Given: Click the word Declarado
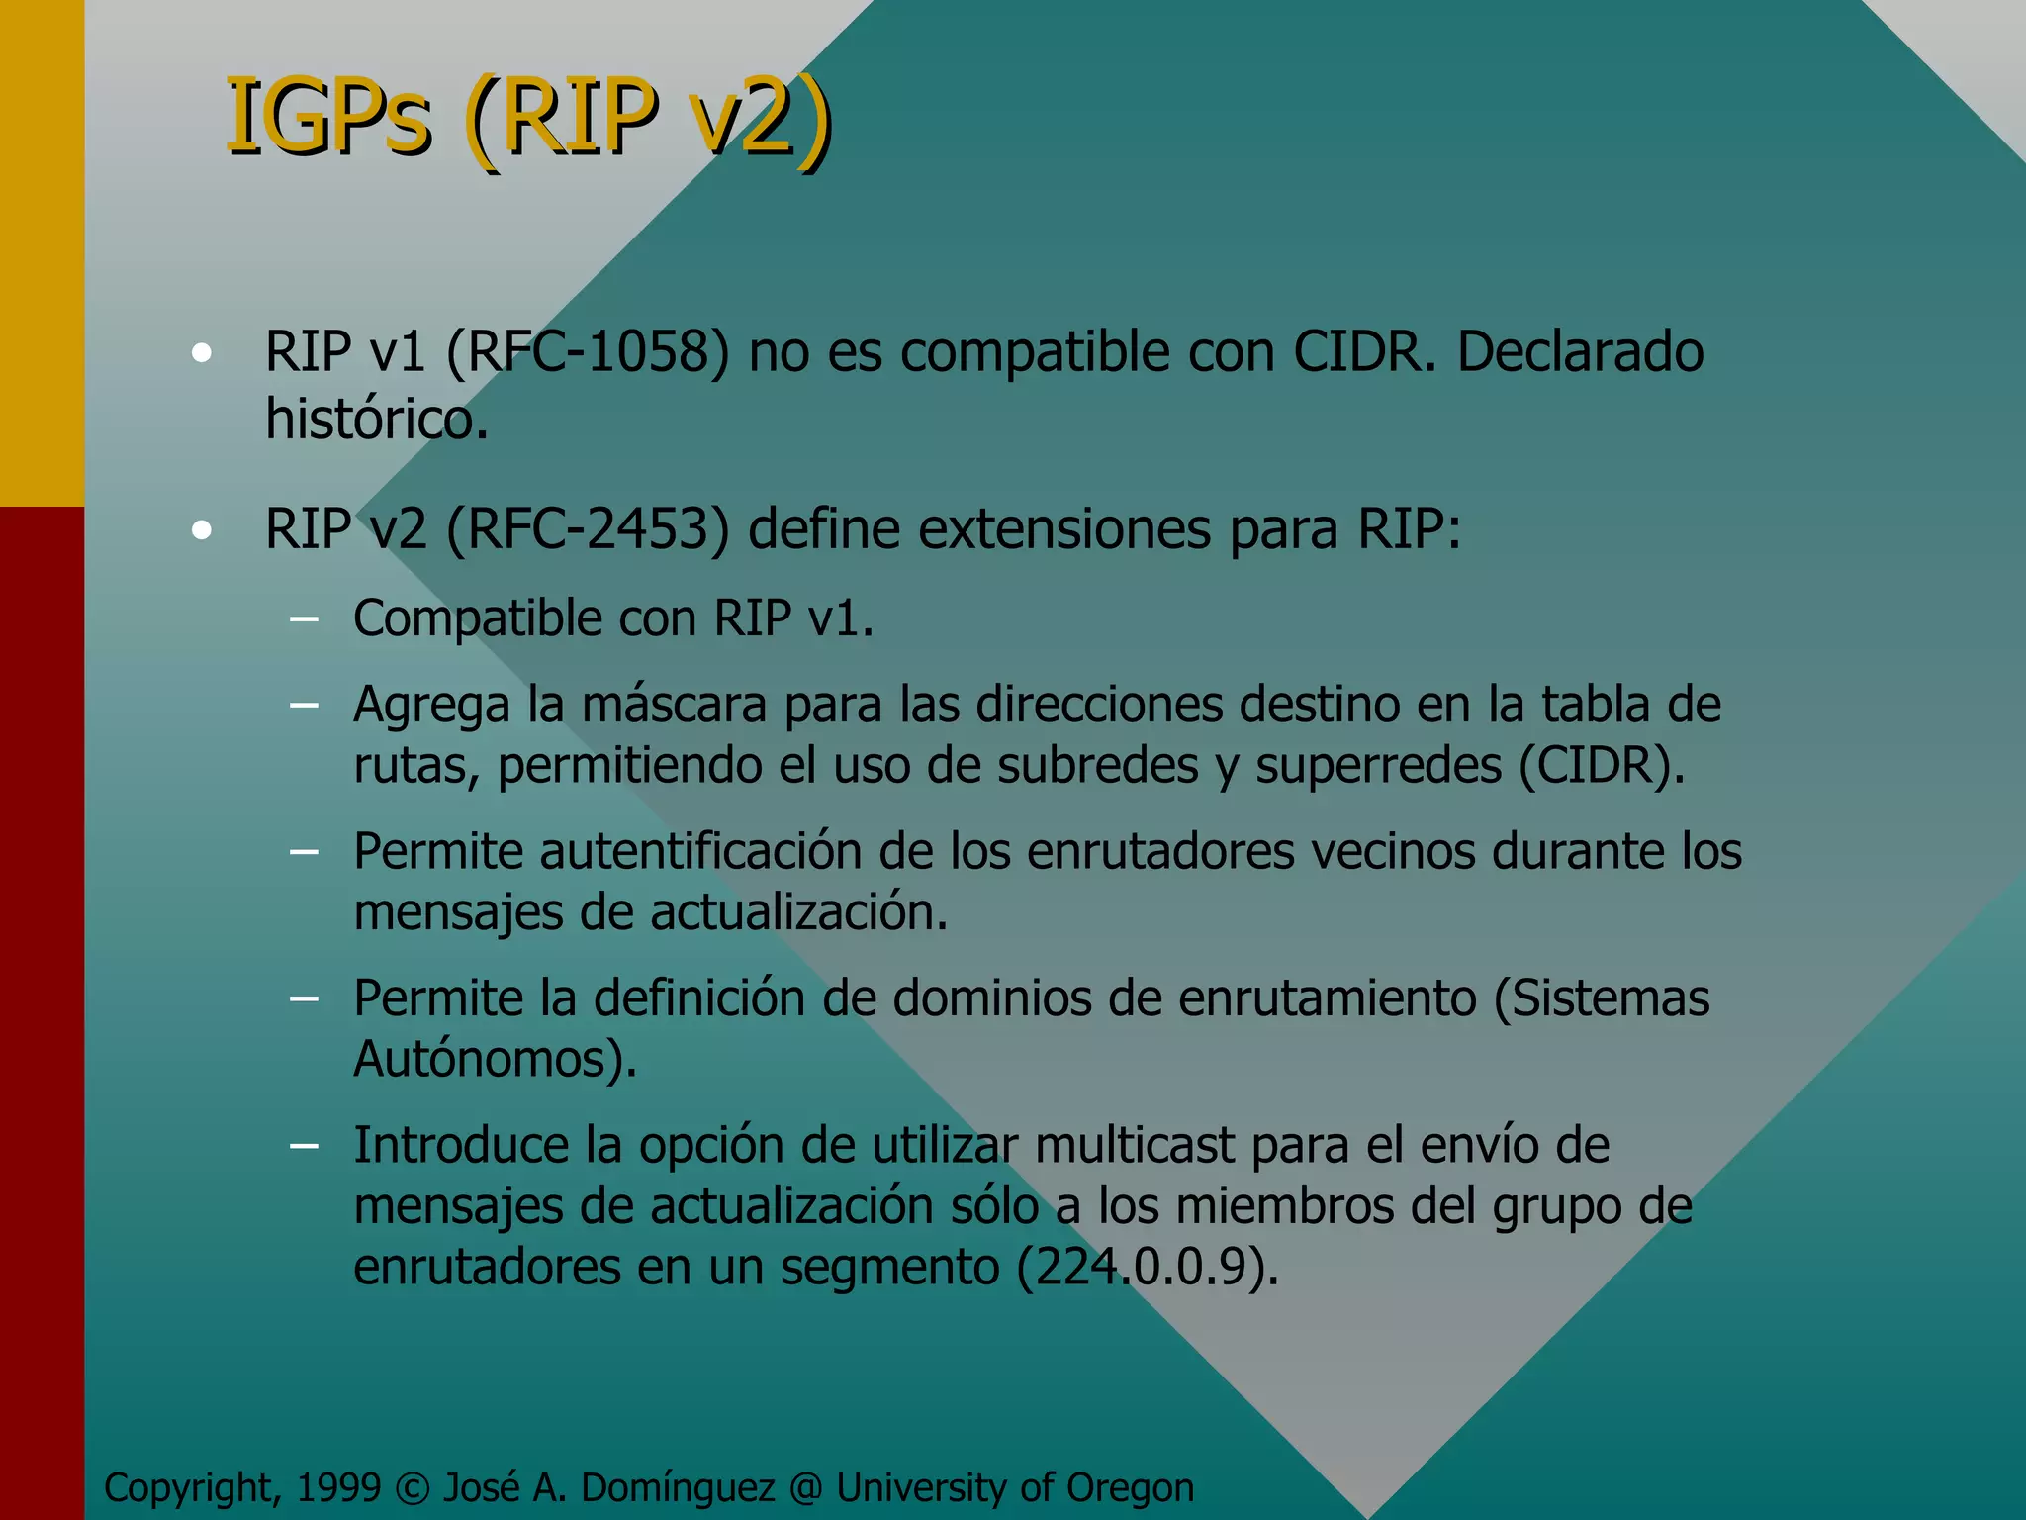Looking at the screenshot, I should [1580, 351].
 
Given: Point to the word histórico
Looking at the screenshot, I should [376, 420].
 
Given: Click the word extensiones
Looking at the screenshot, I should [1063, 528].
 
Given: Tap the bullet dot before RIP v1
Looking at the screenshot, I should [202, 353].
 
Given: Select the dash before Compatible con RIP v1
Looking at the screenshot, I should [304, 620].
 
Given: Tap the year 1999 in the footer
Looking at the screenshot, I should [338, 1487].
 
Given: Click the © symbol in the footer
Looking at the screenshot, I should [412, 1488].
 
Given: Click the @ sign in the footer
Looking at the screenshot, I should [806, 1488].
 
